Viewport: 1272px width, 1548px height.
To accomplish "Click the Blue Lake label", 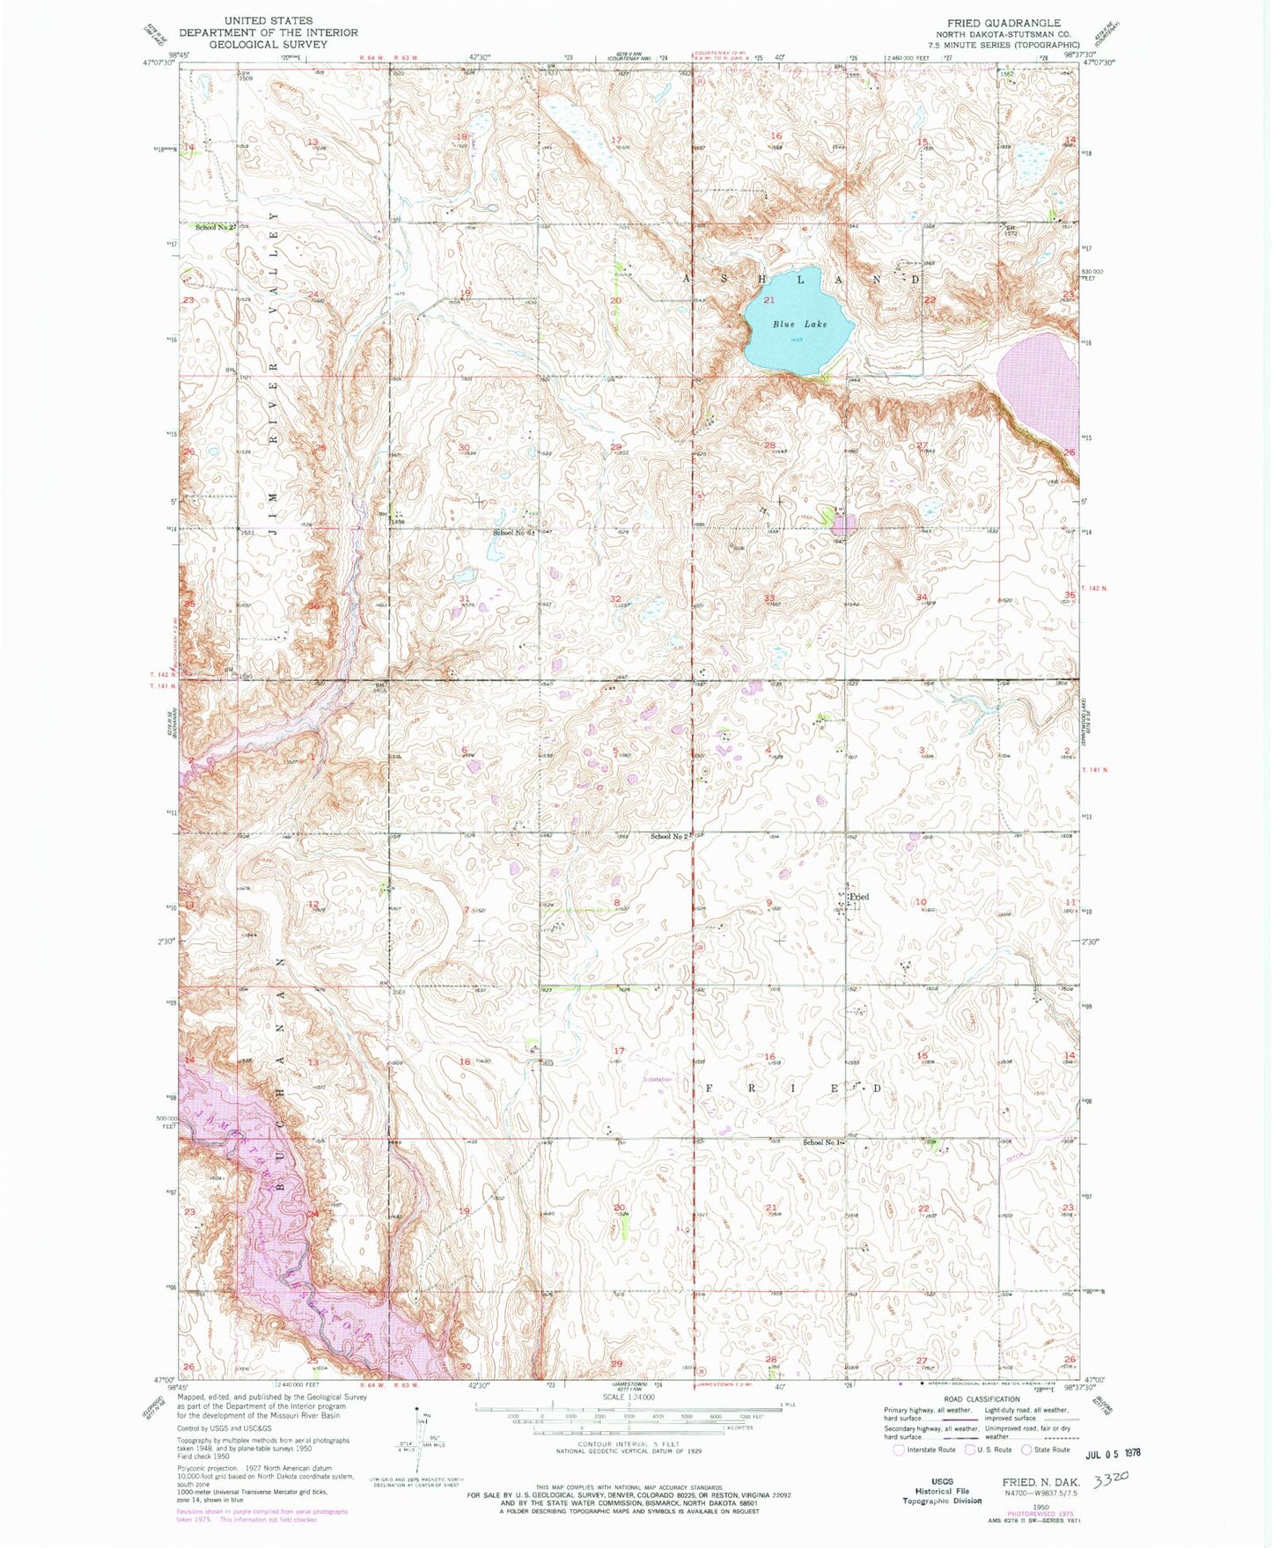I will [799, 324].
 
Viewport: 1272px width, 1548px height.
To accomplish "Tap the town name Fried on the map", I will [859, 897].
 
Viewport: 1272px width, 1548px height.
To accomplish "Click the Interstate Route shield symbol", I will [898, 1449].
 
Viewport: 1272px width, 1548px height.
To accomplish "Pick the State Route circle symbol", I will [1026, 1449].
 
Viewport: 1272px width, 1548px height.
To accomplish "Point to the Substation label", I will [658, 1079].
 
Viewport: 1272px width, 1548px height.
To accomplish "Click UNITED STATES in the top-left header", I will [268, 20].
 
